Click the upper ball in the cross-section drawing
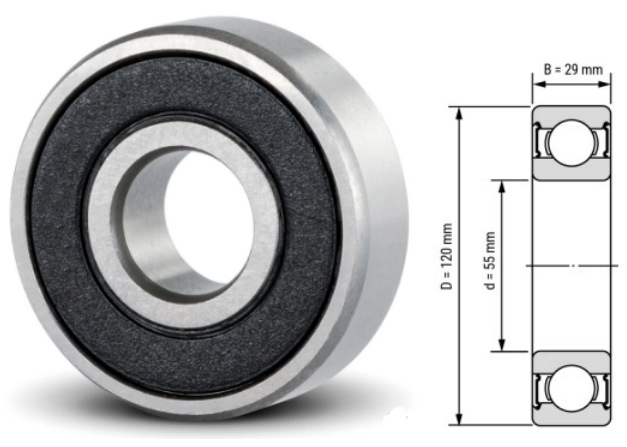(569, 141)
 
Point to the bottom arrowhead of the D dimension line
(459, 420)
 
